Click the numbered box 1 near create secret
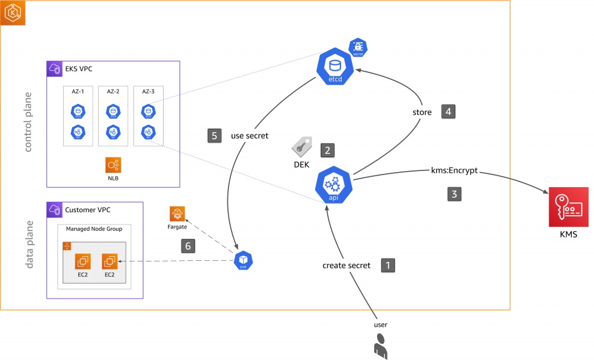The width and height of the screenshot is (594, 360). pos(388,265)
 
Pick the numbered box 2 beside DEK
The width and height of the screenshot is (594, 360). pos(328,150)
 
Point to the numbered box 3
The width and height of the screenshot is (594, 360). pos(454,194)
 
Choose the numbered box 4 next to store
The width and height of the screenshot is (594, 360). pos(449,111)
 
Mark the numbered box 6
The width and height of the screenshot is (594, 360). pos(187,246)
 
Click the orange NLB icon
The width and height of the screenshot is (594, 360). pos(114,165)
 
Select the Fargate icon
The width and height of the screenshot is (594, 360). pos(178,214)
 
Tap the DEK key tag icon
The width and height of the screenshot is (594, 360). pos(301,147)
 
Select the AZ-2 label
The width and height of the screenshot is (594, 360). pos(113,92)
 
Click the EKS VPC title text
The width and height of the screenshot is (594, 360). pos(78,69)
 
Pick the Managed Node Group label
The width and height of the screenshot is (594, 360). pos(94,228)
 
